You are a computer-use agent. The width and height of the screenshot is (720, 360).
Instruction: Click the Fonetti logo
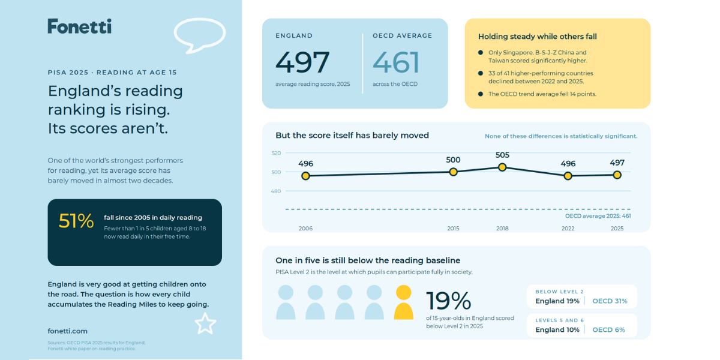coord(79,26)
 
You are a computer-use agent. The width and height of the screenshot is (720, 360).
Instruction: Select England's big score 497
coord(302,62)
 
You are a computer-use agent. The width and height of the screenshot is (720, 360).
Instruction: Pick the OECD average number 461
coord(396,62)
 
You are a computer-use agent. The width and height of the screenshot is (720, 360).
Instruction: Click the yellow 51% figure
coord(76,221)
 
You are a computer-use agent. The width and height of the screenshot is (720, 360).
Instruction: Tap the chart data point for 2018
coord(502,167)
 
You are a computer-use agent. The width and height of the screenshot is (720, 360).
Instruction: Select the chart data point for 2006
coord(305,176)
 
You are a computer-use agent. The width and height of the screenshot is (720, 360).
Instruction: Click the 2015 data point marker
coord(453,172)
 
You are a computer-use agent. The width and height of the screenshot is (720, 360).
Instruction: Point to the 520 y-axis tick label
coord(276,153)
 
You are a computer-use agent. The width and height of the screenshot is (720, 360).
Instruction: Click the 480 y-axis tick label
coord(276,191)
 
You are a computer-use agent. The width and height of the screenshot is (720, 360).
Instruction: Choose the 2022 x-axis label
coord(568,229)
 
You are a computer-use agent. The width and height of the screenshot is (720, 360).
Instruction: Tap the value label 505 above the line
coord(502,155)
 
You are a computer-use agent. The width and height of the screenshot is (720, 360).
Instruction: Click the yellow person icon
coord(404,302)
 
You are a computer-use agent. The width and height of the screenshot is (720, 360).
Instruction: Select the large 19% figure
coord(449,301)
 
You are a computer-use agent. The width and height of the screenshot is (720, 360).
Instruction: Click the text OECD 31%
coord(610,301)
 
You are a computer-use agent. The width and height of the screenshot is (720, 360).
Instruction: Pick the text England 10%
coord(557,330)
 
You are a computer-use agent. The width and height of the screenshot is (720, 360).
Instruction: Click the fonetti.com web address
coord(67,331)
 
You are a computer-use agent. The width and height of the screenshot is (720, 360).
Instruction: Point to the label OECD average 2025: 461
coord(598,216)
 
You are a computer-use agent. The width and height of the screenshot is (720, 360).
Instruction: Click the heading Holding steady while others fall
coord(538,37)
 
